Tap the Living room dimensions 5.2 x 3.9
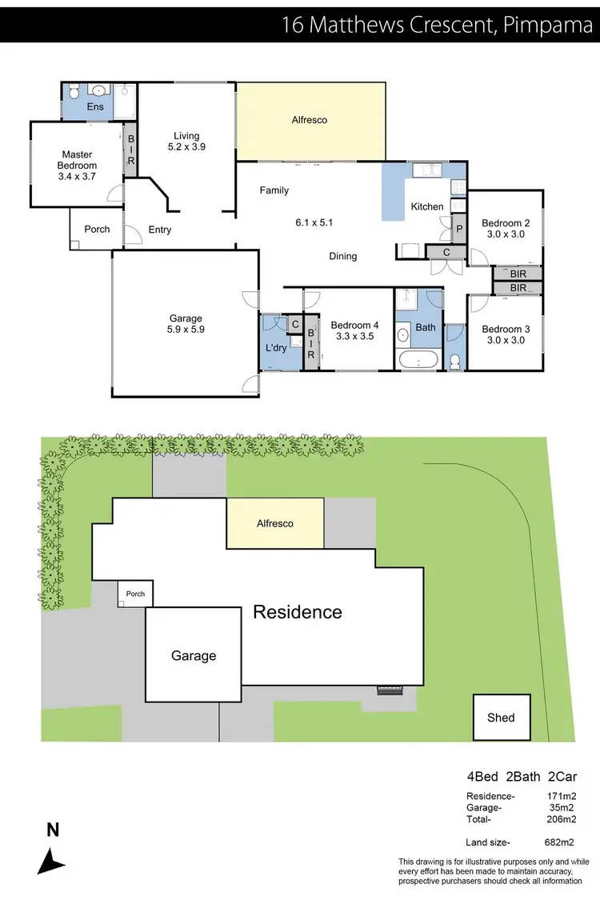pyautogui.click(x=187, y=147)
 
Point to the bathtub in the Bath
pyautogui.click(x=417, y=358)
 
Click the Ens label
pyautogui.click(x=96, y=106)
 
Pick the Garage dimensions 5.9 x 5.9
pyautogui.click(x=186, y=329)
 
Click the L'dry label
pyautogui.click(x=275, y=348)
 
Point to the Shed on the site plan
pyautogui.click(x=501, y=718)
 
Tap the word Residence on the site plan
pyautogui.click(x=298, y=613)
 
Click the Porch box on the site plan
pyautogui.click(x=135, y=594)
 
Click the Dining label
pyautogui.click(x=342, y=256)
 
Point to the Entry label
pyautogui.click(x=160, y=230)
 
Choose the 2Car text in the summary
pyautogui.click(x=562, y=776)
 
